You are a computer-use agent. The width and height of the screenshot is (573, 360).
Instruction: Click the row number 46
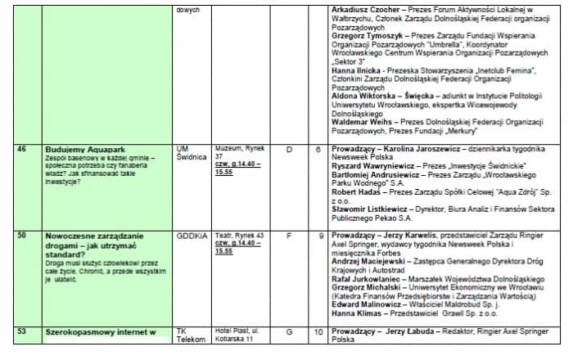pyautogui.click(x=22, y=149)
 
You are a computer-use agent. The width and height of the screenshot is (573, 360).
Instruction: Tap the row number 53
pyautogui.click(x=22, y=331)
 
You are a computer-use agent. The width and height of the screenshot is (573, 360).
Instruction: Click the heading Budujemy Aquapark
pyautogui.click(x=85, y=149)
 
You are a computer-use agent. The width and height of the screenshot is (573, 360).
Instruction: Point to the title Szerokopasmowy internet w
pyautogui.click(x=101, y=332)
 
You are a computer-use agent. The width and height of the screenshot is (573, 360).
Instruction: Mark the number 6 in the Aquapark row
pyautogui.click(x=318, y=149)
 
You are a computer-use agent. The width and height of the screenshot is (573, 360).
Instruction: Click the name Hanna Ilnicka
pyautogui.click(x=357, y=71)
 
